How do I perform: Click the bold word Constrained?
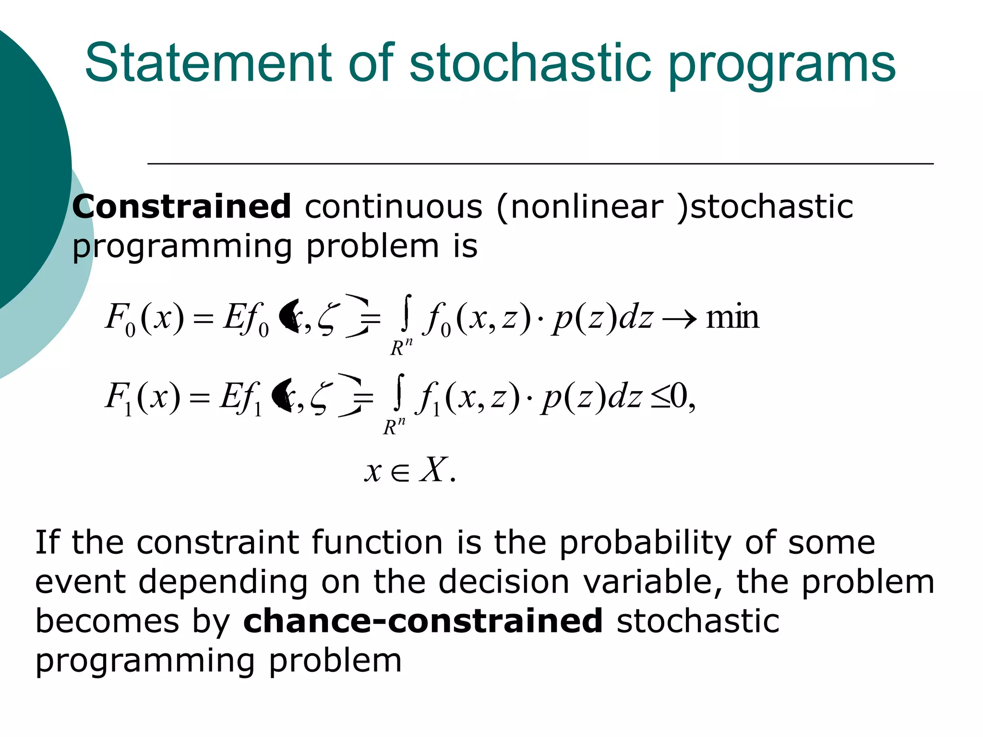181,207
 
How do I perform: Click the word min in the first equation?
732,317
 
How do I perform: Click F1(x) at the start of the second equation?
143,398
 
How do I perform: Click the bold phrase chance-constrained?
423,621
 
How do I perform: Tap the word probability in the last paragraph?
645,544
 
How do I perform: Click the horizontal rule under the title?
540,164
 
